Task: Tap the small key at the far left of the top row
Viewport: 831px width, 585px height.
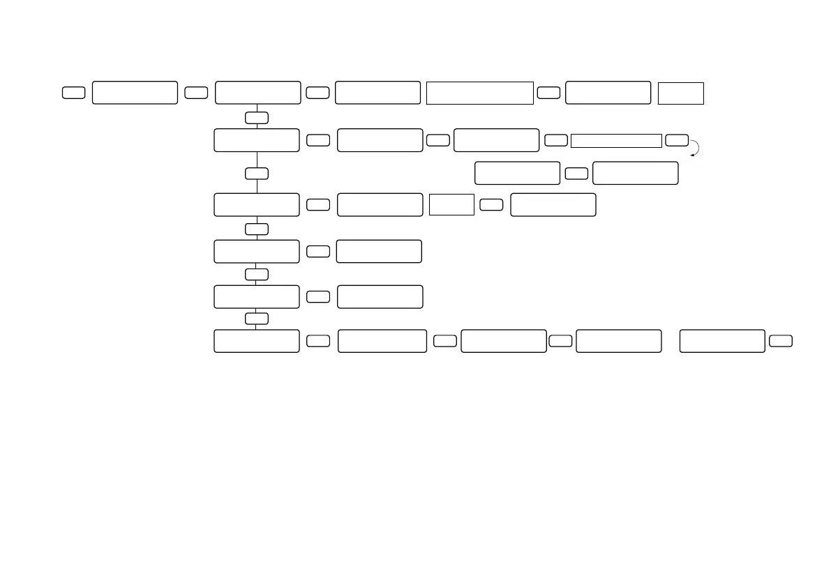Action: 73,93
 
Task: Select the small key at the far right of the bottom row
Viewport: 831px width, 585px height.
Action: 781,341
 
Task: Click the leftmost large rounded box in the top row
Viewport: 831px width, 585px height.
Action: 135,93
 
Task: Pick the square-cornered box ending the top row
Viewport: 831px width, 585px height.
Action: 680,93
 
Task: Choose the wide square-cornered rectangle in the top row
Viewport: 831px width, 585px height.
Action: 480,93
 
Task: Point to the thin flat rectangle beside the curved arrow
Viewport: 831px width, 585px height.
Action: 615,141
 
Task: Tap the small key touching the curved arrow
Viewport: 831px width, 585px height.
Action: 677,140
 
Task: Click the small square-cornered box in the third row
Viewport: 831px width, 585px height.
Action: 451,205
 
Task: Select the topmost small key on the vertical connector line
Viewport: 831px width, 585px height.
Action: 257,117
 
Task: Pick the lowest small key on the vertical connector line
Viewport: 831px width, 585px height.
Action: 257,319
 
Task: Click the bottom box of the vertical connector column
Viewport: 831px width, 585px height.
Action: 257,341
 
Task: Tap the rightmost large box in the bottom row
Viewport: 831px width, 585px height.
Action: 722,341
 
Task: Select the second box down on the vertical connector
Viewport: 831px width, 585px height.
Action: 257,140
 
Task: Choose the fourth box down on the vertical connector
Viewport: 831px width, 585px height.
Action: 257,251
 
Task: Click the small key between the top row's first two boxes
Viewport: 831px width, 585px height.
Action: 196,93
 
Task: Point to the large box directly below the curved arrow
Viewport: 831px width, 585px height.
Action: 635,173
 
